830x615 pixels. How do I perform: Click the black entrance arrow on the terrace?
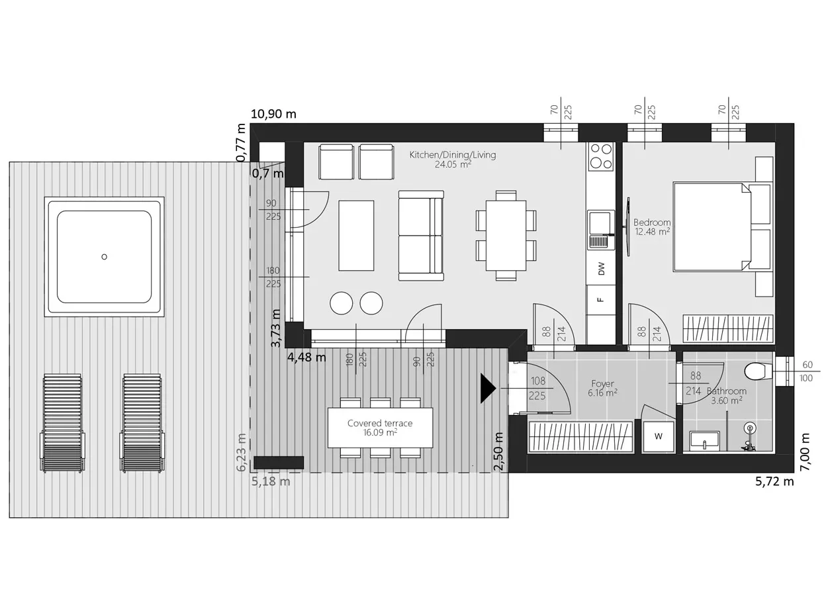pyautogui.click(x=488, y=388)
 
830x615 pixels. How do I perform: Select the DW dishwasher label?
pyautogui.click(x=601, y=268)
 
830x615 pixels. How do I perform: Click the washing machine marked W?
pyautogui.click(x=658, y=436)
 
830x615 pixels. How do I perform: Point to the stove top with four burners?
pyautogui.click(x=600, y=156)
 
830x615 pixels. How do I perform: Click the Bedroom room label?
pyautogui.click(x=651, y=222)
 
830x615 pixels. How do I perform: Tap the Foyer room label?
pyautogui.click(x=602, y=383)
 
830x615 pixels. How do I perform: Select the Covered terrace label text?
pyautogui.click(x=380, y=423)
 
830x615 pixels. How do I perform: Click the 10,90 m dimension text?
pyautogui.click(x=273, y=114)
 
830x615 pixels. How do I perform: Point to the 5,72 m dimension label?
pyautogui.click(x=774, y=481)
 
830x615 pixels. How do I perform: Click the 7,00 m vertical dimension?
pyautogui.click(x=805, y=451)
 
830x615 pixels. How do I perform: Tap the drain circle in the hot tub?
pyautogui.click(x=105, y=257)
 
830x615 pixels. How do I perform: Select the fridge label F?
pyautogui.click(x=601, y=299)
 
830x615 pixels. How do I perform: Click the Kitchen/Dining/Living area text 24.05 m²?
pyautogui.click(x=453, y=164)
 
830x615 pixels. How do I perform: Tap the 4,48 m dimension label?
pyautogui.click(x=306, y=357)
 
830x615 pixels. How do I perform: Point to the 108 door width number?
pyautogui.click(x=537, y=381)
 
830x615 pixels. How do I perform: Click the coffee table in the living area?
pyautogui.click(x=356, y=236)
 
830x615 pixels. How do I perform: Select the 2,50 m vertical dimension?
pyautogui.click(x=498, y=451)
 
